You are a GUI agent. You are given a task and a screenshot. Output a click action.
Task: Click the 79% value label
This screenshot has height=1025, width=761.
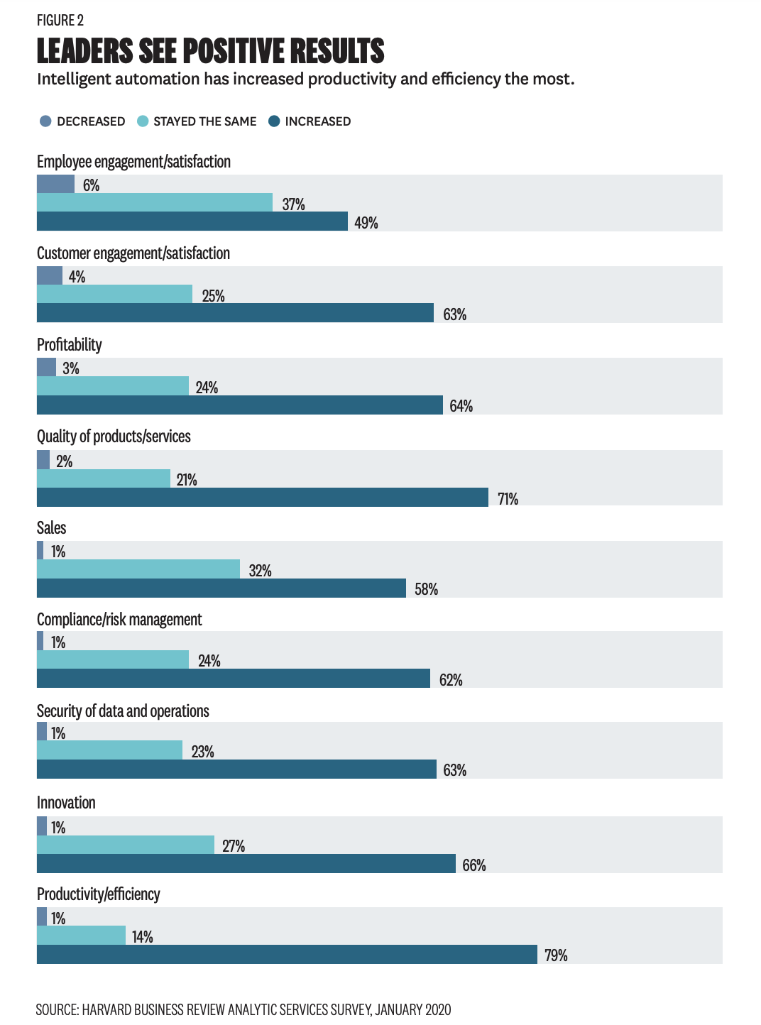(556, 955)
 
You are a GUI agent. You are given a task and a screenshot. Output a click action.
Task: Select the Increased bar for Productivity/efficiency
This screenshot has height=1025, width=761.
(287, 955)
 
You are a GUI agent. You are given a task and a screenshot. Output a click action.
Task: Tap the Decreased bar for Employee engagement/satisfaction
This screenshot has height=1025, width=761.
(55, 184)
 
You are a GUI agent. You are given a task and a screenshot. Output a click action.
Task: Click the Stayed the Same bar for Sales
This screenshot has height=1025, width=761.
(138, 569)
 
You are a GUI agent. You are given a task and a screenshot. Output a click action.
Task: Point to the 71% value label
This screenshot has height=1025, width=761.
(508, 499)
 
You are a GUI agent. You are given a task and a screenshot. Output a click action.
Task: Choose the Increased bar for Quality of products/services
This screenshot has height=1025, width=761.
(263, 497)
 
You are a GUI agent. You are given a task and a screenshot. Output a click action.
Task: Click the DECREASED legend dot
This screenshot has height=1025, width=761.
(46, 121)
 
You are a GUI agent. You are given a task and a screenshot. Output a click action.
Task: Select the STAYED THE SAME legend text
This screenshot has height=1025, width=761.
(204, 121)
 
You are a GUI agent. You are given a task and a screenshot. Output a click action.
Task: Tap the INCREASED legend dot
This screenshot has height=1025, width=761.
(274, 121)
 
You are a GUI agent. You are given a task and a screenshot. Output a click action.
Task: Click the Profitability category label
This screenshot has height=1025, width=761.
(70, 345)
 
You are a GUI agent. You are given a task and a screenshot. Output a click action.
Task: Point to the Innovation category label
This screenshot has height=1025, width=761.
(66, 803)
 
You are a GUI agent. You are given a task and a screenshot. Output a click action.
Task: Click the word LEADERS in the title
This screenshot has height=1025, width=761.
(84, 51)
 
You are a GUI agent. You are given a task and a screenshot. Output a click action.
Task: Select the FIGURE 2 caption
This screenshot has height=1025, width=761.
(60, 20)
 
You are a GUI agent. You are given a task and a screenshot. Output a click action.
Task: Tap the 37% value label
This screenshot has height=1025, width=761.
(293, 204)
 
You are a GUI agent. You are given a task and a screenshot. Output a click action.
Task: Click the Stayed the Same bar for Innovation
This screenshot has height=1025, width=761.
(126, 845)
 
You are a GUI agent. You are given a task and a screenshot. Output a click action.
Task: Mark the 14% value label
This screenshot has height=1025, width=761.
(142, 937)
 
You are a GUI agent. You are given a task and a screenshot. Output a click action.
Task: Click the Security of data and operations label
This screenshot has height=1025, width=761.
(123, 711)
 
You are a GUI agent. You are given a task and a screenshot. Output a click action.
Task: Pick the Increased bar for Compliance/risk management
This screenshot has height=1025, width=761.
(234, 679)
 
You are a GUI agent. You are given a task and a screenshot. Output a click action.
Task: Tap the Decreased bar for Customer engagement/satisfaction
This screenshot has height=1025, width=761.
(50, 275)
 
